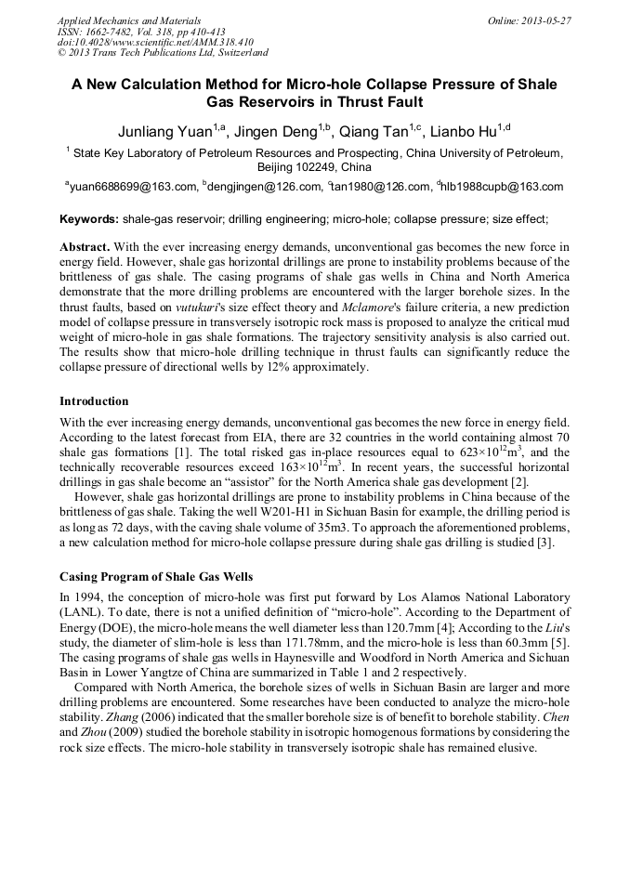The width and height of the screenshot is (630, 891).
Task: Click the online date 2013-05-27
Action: (546, 20)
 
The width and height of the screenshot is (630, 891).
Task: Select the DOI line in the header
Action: (155, 43)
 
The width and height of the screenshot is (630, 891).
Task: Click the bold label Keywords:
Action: (89, 220)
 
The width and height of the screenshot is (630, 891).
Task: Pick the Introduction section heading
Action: (94, 401)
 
